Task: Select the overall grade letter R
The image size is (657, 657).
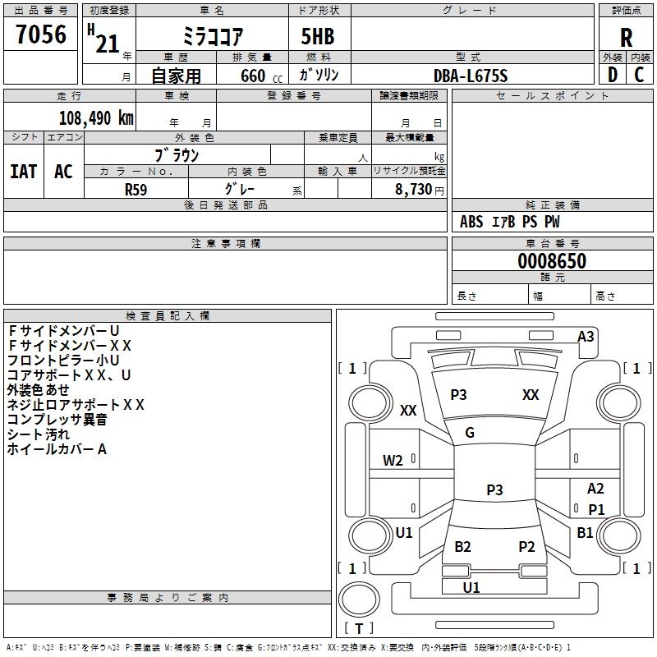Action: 626,38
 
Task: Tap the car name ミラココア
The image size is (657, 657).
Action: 211,38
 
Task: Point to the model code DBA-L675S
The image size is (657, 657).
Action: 471,76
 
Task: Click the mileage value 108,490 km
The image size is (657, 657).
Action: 96,117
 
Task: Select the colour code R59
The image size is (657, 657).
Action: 136,189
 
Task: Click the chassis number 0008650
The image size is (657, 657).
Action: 552,261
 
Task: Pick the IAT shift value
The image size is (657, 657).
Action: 23,172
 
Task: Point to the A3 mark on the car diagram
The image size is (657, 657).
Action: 586,336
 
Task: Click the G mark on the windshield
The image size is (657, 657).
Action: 470,433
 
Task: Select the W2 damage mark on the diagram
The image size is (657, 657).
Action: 393,460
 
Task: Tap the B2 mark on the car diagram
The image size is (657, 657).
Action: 462,547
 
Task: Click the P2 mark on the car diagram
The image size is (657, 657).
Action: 526,547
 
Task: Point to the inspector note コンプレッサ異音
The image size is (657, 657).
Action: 57,420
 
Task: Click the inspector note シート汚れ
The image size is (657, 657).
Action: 39,434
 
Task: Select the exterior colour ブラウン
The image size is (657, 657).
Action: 177,155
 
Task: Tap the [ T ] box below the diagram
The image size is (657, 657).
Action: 359,629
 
